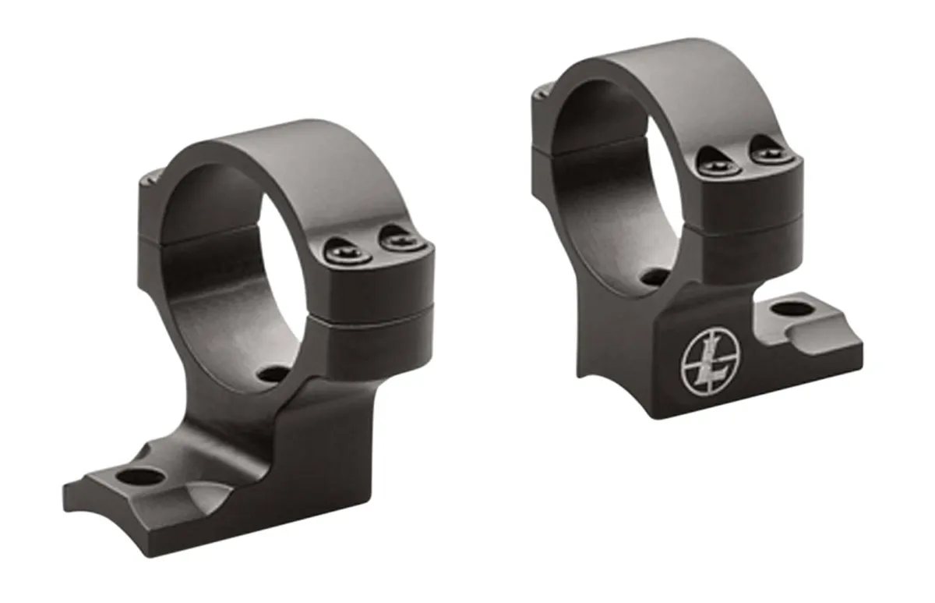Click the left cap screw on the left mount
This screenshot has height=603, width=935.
[348, 253]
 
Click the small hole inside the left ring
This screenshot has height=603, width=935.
[273, 374]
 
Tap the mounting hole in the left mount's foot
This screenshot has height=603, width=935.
[140, 477]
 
